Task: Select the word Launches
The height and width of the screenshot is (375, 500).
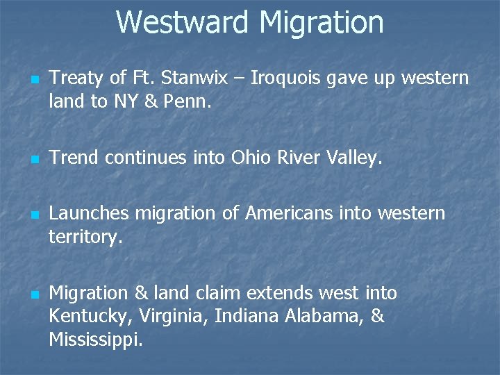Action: tap(89, 213)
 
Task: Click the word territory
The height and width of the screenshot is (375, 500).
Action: tap(85, 237)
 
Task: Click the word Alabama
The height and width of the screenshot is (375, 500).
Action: tap(323, 317)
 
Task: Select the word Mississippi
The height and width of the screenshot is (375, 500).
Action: tap(94, 340)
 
